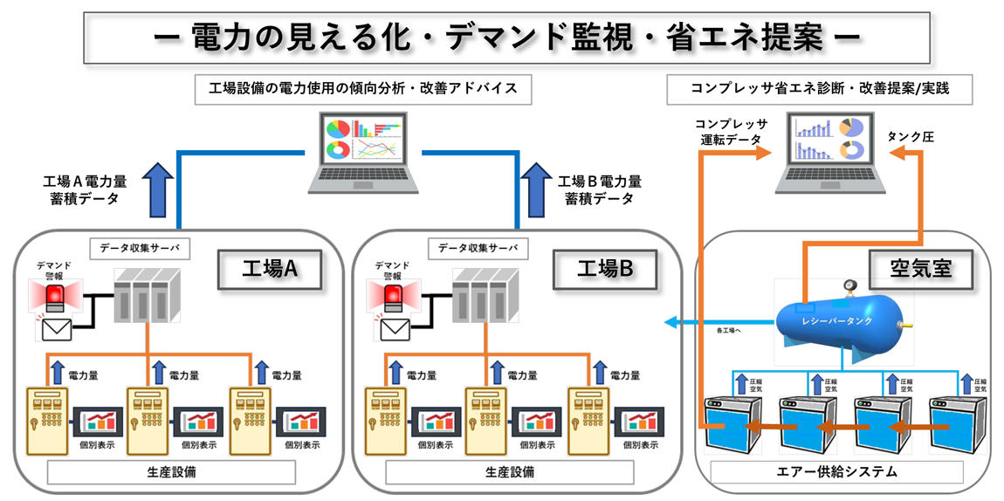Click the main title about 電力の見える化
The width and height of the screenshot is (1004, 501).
tap(501, 37)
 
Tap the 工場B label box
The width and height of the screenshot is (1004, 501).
tap(605, 269)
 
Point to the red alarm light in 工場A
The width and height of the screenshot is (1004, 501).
tap(54, 296)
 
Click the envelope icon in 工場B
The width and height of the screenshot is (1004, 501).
tap(395, 329)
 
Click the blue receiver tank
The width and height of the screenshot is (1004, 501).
tap(839, 320)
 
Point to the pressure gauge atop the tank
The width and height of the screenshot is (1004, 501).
tap(847, 286)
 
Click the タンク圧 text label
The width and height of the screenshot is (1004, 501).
tap(911, 137)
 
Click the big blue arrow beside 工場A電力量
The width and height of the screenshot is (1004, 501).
tap(158, 189)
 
